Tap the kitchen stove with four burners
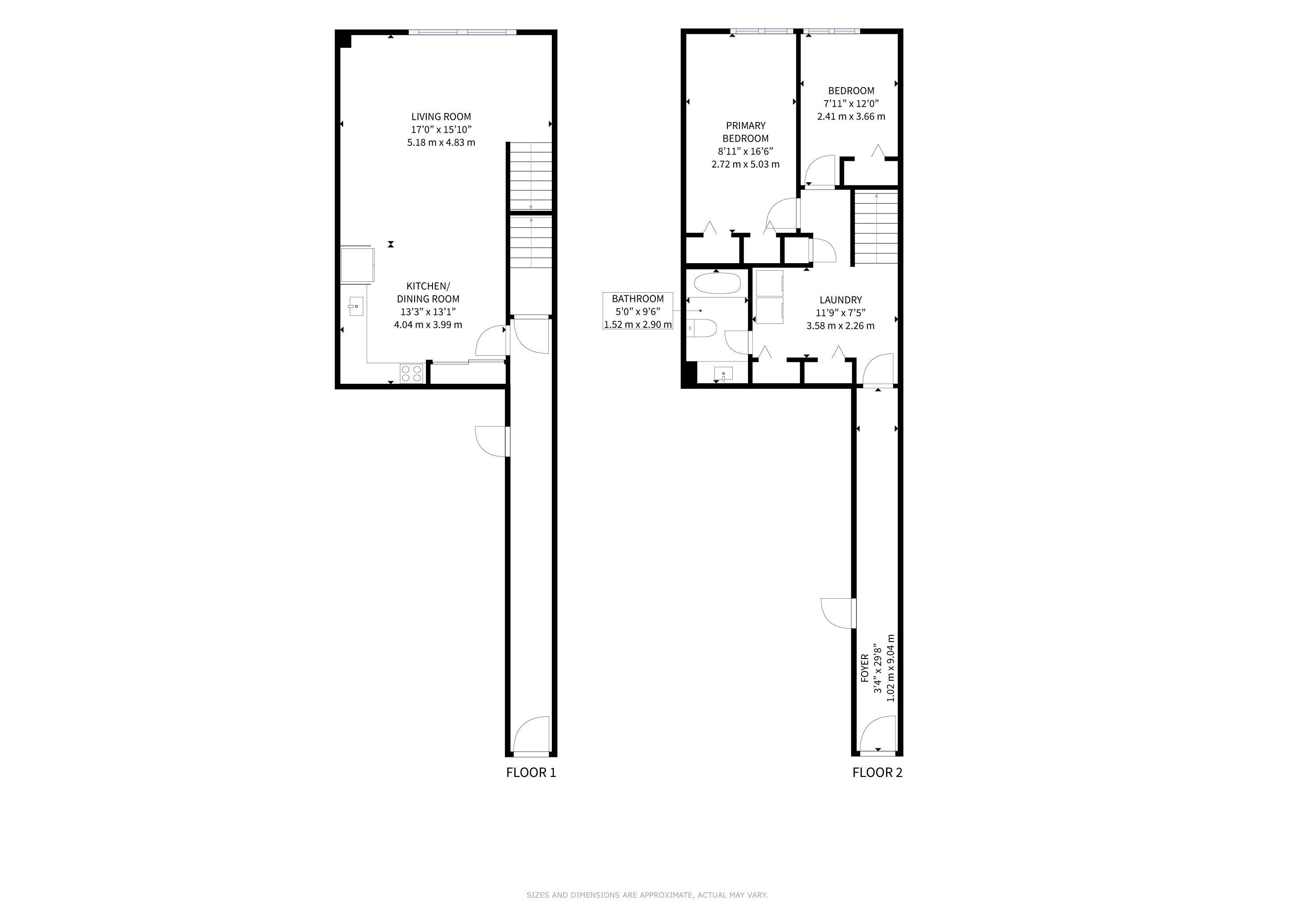point(412,374)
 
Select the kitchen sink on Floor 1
point(356,306)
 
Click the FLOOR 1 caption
point(531,772)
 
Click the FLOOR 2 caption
point(877,772)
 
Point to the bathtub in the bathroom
point(717,283)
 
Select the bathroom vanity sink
point(723,374)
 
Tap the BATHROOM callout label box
point(638,311)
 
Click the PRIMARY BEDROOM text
point(746,132)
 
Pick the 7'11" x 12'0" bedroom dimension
point(851,104)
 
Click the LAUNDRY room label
point(840,300)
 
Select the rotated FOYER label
point(865,668)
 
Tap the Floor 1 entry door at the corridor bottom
point(531,735)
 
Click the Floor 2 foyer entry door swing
point(878,734)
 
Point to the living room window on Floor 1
point(462,32)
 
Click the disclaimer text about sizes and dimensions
point(647,895)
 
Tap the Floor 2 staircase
point(876,227)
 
